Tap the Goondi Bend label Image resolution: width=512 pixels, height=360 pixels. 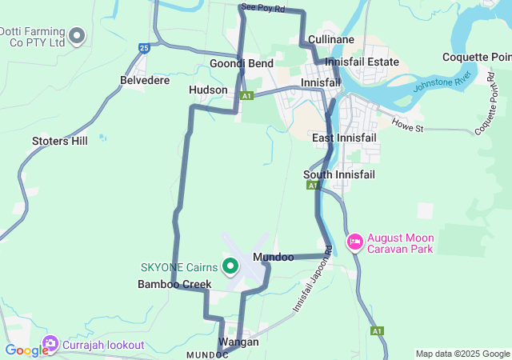[242, 63]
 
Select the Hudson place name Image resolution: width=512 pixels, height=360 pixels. [208, 90]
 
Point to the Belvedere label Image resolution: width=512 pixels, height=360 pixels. [145, 81]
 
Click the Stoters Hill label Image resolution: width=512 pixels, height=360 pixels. [60, 142]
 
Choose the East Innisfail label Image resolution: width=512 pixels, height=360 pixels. [344, 138]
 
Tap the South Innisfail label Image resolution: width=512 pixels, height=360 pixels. [339, 174]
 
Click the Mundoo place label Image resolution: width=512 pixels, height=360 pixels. [273, 258]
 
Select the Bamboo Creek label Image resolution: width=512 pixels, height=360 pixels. [174, 284]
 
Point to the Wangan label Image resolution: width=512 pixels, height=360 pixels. [238, 342]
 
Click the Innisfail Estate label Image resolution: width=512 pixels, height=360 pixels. [362, 62]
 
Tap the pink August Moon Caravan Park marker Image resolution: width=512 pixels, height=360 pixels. [354, 241]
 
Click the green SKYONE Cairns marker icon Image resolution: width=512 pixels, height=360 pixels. [230, 266]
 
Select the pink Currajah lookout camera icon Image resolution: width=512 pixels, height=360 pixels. [50, 345]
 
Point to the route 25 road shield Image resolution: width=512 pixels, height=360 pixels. [144, 48]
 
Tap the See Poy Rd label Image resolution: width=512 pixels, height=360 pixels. [262, 8]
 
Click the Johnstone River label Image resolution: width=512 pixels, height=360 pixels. [442, 82]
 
